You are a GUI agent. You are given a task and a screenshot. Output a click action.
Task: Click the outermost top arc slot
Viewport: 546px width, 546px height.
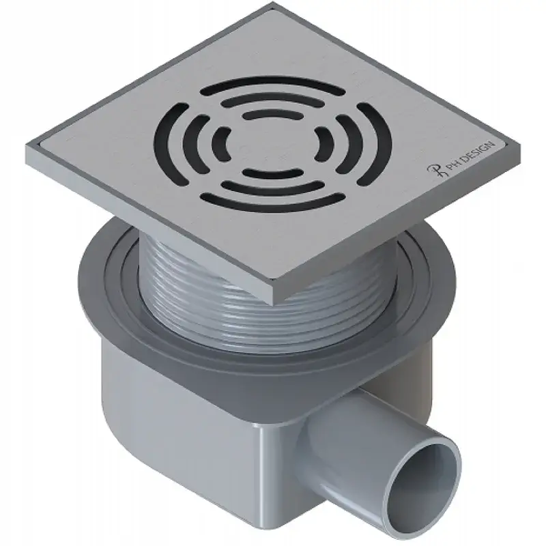pyautogui.click(x=272, y=84)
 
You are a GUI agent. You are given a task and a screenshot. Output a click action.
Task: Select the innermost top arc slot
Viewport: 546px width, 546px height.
pyautogui.click(x=272, y=114)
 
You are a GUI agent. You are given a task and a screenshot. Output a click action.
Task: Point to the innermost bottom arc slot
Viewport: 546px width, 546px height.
pyautogui.click(x=272, y=174)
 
